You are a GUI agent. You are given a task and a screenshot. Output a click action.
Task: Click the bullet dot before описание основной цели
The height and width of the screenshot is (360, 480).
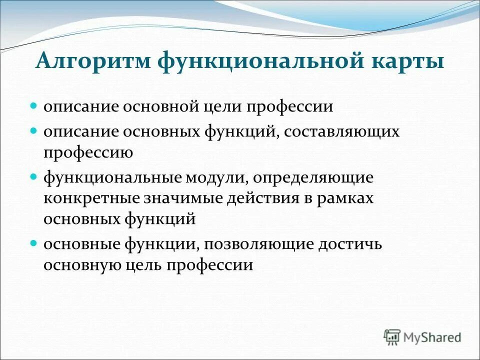click(34, 106)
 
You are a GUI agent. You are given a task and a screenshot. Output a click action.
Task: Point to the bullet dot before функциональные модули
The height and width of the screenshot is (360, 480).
click(34, 177)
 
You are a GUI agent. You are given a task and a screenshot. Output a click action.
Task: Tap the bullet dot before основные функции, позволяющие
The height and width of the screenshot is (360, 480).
click(34, 243)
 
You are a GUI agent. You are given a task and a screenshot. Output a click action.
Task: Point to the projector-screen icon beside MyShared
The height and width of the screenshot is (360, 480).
click(392, 336)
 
